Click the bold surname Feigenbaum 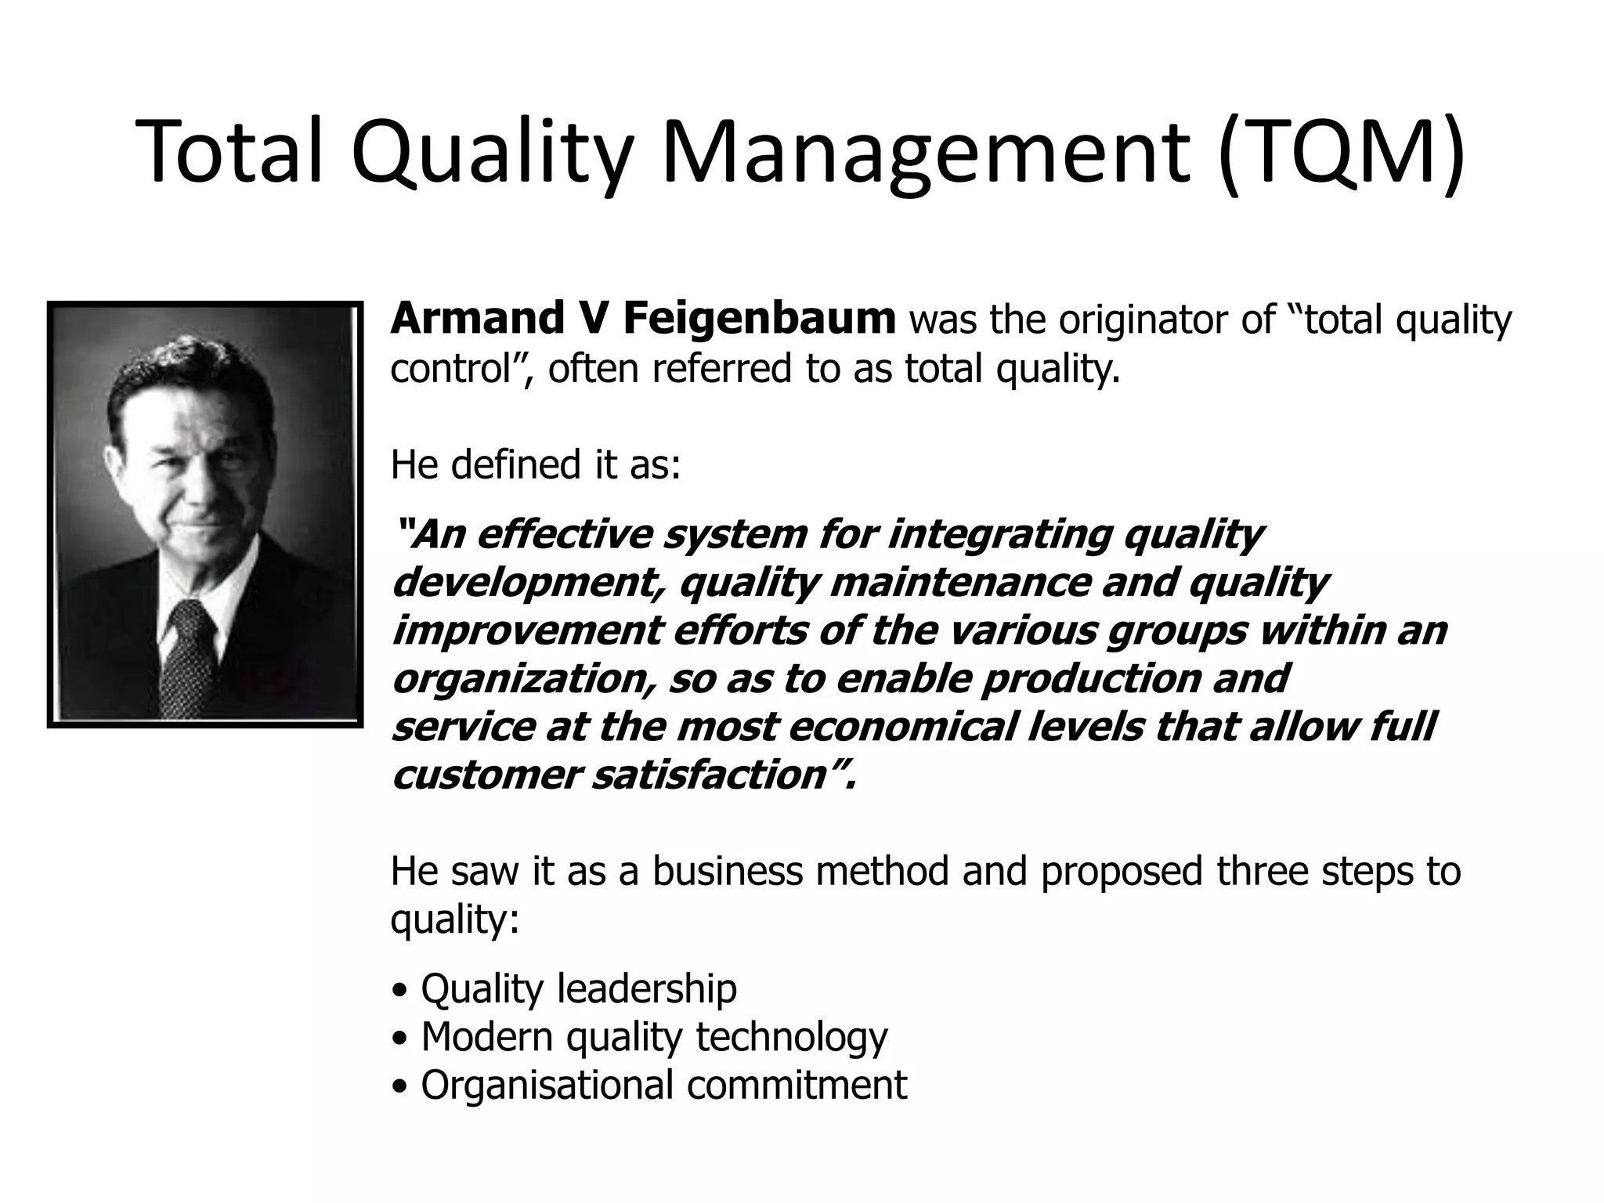[x=759, y=319]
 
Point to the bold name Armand [x=476, y=319]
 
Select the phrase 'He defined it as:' [x=536, y=464]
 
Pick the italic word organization [x=519, y=679]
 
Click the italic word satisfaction [x=709, y=775]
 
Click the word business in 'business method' [x=728, y=871]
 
